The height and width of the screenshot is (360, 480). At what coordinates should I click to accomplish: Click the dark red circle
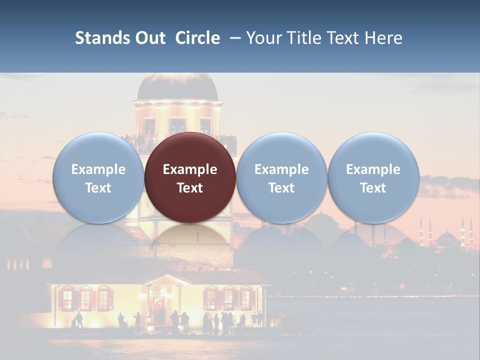pos(190,177)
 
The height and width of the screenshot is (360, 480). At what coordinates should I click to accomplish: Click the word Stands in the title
pos(101,38)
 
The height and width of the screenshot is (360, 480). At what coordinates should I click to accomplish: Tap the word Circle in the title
pos(197,38)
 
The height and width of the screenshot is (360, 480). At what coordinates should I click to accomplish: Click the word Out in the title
pos(150,38)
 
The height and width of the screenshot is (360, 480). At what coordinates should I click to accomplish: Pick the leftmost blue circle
pos(98,177)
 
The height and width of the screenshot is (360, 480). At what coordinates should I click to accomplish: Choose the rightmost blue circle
pos(373,177)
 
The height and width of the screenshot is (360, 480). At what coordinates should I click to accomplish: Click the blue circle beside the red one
pos(281,177)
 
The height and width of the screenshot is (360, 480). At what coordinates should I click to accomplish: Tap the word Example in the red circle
pos(190,169)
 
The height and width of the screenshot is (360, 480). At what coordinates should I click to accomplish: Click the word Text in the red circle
pos(190,188)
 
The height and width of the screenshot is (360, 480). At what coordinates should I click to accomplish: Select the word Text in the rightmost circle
pos(373,188)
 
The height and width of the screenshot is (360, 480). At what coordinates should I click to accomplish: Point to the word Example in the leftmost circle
pos(98,169)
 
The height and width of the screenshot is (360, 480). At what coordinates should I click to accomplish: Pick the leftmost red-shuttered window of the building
pos(67,299)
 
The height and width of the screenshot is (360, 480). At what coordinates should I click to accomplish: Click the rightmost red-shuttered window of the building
pos(245,298)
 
